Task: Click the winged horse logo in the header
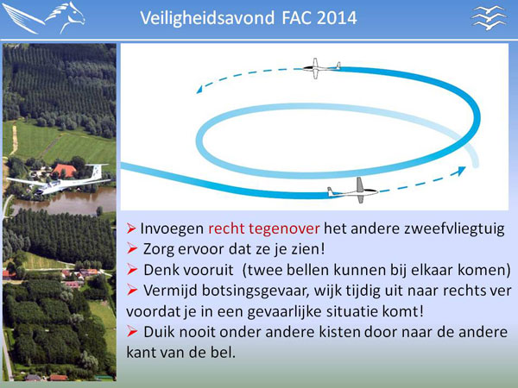click(43, 18)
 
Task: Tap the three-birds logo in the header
click(489, 17)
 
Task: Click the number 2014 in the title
click(337, 18)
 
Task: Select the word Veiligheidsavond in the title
click(207, 18)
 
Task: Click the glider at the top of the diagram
click(321, 68)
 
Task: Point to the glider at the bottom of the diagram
click(353, 191)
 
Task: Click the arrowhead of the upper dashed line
click(199, 90)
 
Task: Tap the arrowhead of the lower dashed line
click(461, 171)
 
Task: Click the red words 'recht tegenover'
click(263, 228)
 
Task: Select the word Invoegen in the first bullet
click(172, 228)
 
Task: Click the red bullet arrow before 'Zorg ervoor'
click(132, 249)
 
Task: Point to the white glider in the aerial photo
click(59, 180)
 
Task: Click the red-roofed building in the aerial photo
click(64, 170)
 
